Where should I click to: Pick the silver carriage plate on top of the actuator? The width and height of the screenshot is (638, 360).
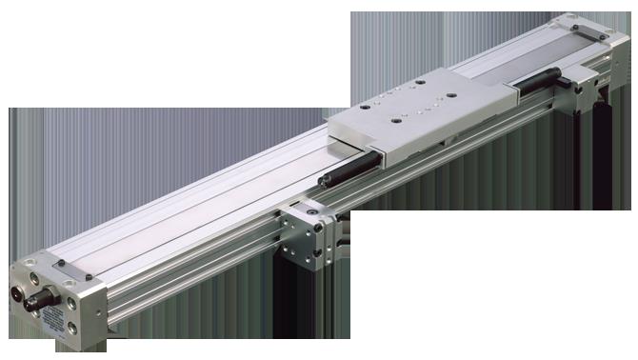click(x=409, y=119)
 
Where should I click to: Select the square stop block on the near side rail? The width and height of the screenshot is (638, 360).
click(x=310, y=228)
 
